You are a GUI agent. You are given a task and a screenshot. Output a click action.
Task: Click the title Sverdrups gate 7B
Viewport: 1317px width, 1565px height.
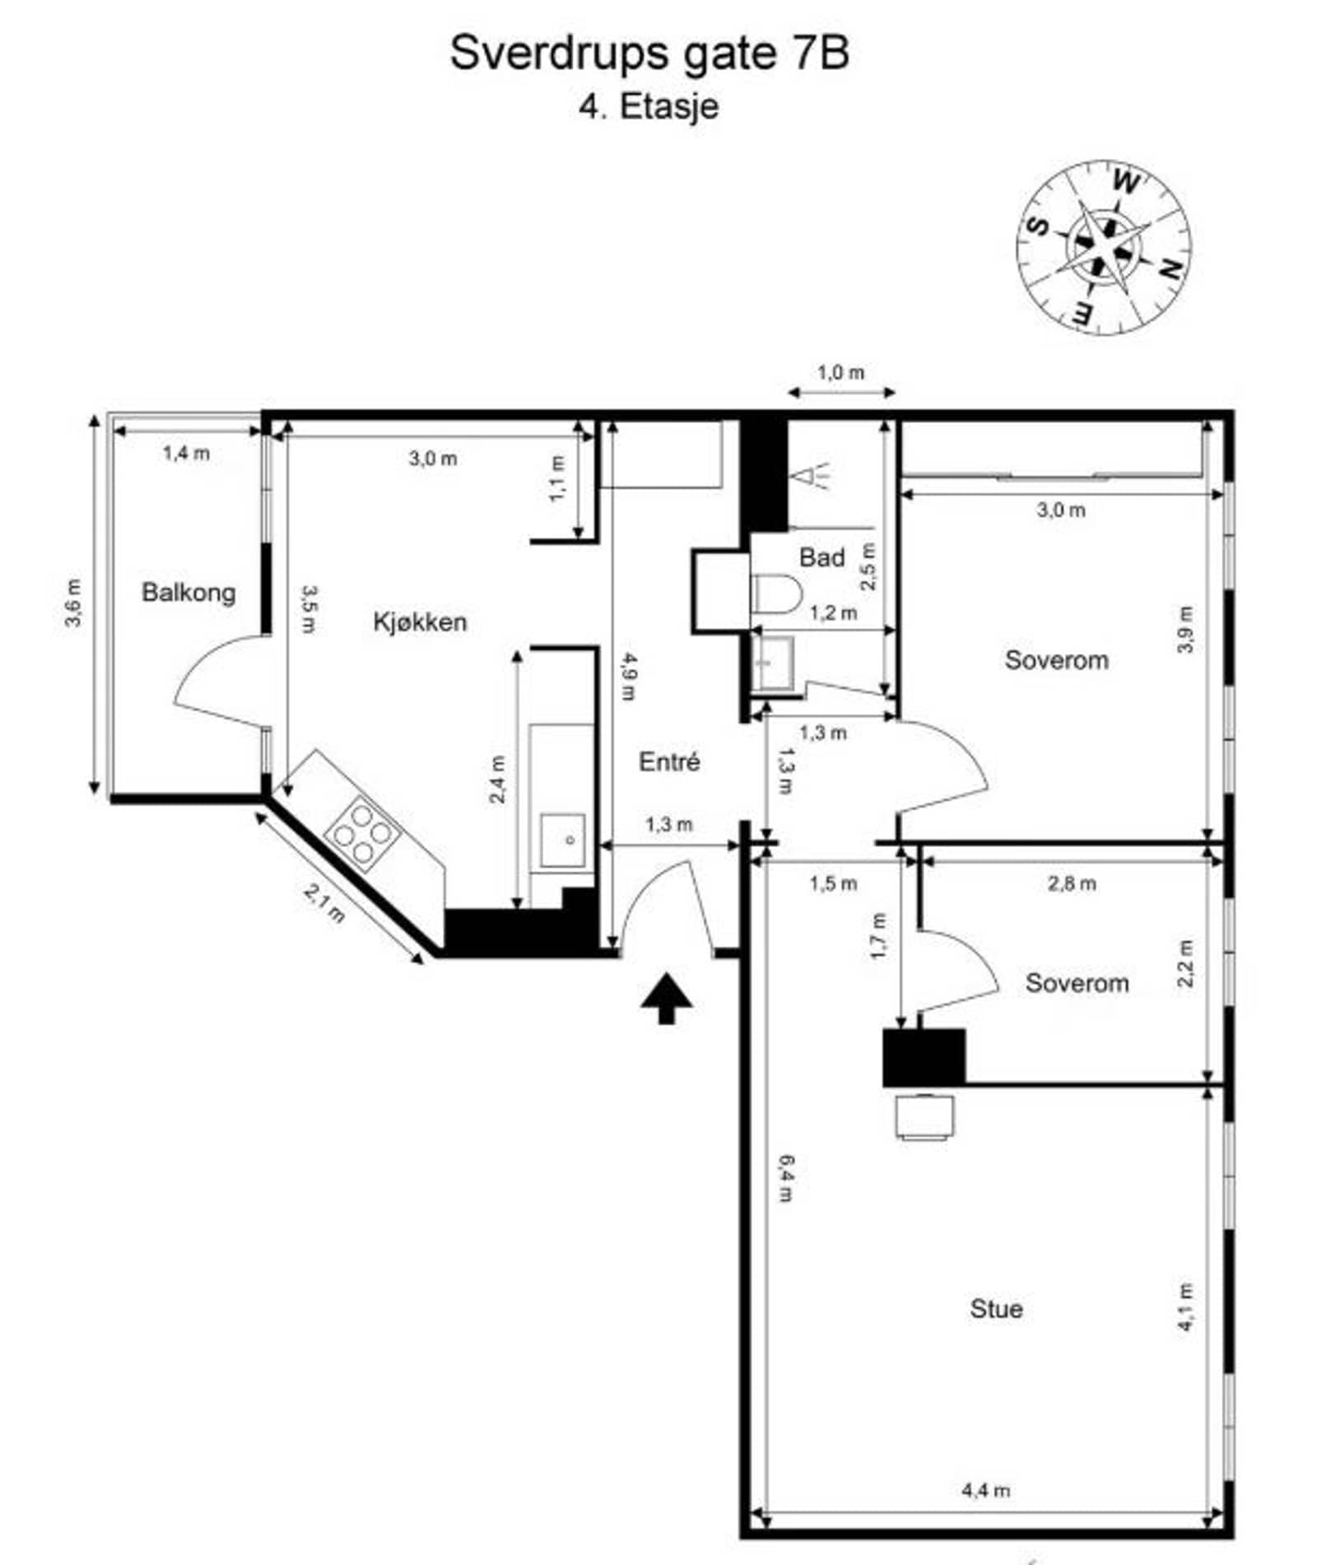[x=649, y=54]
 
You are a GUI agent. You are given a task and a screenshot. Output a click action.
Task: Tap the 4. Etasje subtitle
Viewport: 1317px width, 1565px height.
[x=649, y=107]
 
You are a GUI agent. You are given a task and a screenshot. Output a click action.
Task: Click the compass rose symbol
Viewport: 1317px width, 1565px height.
[x=1103, y=247]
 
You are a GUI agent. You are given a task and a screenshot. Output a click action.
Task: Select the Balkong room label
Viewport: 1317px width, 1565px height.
[x=188, y=593]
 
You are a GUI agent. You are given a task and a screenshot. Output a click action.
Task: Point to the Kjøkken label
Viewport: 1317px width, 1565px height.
[x=420, y=622]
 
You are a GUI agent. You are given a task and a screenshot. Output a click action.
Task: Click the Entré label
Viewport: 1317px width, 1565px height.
[x=669, y=762]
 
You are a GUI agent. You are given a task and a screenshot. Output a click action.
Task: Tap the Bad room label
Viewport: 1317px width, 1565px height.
[x=821, y=557]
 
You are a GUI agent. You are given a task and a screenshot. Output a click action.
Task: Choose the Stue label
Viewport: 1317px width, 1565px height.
[x=996, y=1308]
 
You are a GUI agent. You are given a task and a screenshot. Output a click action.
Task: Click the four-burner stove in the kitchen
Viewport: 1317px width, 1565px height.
[x=362, y=831]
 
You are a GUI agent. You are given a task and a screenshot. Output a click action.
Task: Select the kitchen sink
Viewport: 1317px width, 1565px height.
[x=562, y=840]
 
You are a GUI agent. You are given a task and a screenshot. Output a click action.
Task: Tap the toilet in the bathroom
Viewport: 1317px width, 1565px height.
[x=777, y=594]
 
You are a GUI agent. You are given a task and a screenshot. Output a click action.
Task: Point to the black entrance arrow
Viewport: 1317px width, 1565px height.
[x=667, y=998]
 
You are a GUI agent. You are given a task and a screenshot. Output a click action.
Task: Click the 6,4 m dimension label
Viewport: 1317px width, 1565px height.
[x=786, y=1178]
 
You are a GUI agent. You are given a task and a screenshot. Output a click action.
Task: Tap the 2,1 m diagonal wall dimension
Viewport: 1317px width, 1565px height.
[x=324, y=903]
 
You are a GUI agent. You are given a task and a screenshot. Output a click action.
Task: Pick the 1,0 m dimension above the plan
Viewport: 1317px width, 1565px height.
[x=841, y=373]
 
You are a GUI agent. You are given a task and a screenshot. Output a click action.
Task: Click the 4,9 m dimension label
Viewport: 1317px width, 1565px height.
[x=629, y=676]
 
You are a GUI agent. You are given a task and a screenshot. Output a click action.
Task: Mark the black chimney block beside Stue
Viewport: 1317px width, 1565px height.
[x=924, y=1057]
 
